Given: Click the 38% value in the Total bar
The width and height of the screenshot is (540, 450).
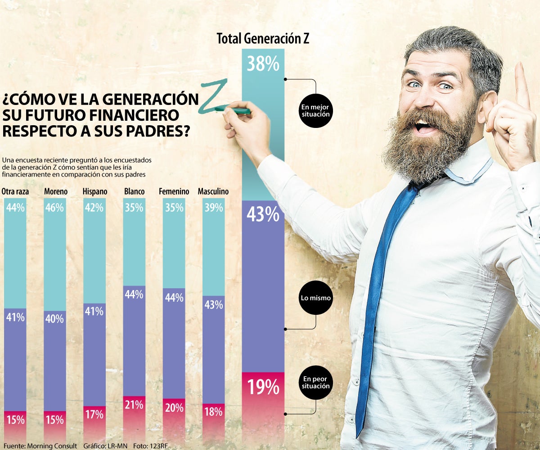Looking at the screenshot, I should (x=263, y=64).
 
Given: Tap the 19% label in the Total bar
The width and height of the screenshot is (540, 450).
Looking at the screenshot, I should (x=263, y=387).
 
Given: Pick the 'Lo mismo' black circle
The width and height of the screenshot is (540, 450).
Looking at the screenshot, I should (x=316, y=298).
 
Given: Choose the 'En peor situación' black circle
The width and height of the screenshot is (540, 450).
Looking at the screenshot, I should (x=316, y=382).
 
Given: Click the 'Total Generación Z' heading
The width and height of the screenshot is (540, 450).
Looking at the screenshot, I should (x=263, y=39).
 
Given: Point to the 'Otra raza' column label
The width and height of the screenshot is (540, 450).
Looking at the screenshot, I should (x=15, y=191).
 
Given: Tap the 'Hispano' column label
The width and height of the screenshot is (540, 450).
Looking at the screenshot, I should (x=95, y=191).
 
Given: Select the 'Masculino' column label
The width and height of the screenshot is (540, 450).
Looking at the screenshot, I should (x=213, y=191).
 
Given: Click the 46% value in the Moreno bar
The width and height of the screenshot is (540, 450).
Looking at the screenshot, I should (x=55, y=208).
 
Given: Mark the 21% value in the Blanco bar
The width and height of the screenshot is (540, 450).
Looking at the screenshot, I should (x=134, y=405).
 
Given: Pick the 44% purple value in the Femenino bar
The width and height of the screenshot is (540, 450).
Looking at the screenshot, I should (x=174, y=297).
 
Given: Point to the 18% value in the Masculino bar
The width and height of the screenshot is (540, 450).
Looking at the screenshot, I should (x=213, y=411).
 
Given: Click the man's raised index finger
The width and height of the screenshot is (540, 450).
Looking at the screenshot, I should (x=522, y=86).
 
